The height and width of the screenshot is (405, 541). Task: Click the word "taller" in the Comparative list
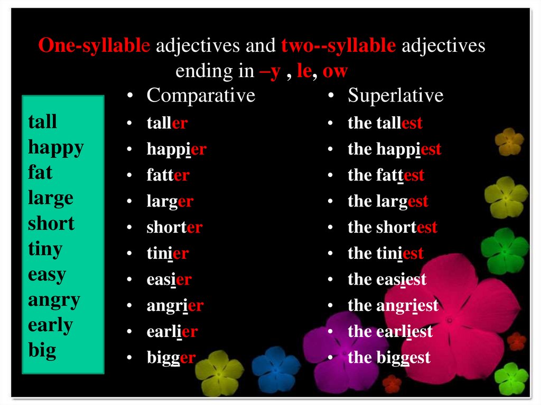click(x=166, y=124)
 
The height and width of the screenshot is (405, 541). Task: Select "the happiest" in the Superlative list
click(x=394, y=149)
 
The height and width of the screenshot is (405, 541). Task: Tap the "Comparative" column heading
click(x=201, y=96)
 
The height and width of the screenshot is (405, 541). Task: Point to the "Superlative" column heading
click(x=395, y=96)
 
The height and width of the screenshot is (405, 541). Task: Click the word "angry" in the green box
click(x=54, y=300)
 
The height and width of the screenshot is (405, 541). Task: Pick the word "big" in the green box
click(x=42, y=351)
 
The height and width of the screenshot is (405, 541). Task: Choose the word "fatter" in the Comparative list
click(x=167, y=175)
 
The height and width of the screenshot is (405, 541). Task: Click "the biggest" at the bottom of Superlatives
click(x=389, y=358)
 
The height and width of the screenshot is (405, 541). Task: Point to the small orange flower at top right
click(x=509, y=141)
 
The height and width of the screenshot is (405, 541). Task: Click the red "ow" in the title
click(x=335, y=71)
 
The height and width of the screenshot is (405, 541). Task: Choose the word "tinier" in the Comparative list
click(x=167, y=253)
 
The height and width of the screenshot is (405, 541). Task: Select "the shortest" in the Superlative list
click(x=392, y=228)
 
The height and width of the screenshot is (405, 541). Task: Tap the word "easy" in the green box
click(x=47, y=275)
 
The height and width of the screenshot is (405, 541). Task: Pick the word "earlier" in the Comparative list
click(x=172, y=332)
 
